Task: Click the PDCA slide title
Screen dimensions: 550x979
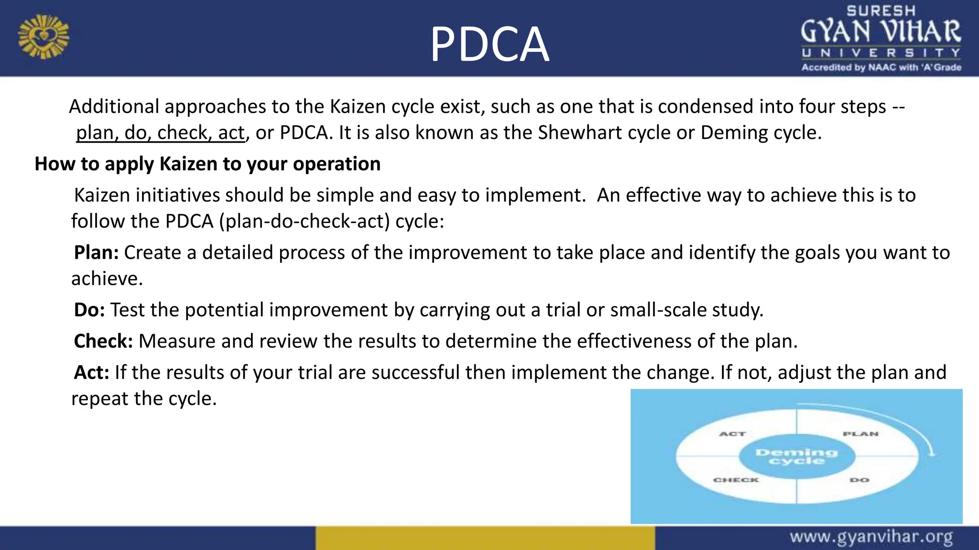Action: coord(489,44)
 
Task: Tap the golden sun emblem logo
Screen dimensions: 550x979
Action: coord(44,37)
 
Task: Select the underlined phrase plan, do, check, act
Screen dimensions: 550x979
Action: coord(161,133)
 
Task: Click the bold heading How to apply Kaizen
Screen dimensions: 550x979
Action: coord(207,164)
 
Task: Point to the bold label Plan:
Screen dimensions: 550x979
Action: coord(96,253)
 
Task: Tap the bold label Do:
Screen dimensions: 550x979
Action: coord(89,310)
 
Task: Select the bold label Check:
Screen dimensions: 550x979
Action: coord(103,341)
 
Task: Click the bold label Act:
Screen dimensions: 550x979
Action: coord(92,372)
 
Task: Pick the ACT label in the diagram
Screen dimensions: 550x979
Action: coord(732,434)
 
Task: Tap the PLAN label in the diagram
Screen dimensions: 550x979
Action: coord(860,434)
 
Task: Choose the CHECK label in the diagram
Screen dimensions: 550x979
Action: coord(736,480)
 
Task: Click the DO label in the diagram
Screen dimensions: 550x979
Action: coord(859,480)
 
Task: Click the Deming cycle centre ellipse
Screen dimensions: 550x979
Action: coord(796,456)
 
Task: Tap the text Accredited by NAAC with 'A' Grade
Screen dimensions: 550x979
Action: coord(881,67)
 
